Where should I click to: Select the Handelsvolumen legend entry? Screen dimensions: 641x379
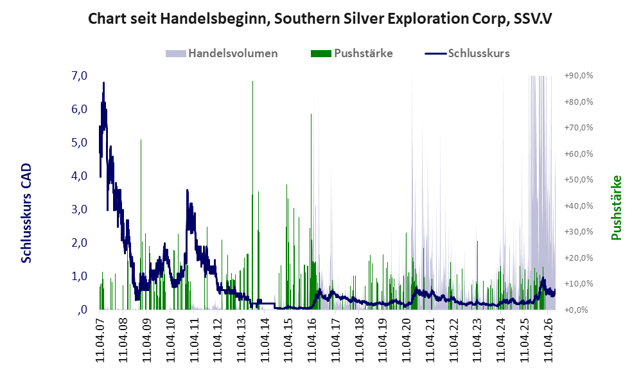[222, 53]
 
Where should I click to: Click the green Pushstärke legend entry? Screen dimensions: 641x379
[351, 53]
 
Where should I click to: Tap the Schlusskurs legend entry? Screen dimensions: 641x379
[467, 53]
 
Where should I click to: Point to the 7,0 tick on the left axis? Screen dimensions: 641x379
[79, 76]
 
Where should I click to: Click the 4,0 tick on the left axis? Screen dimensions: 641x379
[79, 176]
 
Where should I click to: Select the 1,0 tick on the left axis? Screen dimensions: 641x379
[79, 276]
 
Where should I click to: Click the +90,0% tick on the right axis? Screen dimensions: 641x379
[579, 76]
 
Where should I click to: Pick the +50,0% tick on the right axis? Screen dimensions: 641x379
[579, 179]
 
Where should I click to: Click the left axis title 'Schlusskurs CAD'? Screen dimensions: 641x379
[26, 213]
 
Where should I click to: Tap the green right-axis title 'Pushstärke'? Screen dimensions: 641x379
[616, 207]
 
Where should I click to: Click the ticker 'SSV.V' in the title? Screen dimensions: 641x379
[532, 19]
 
